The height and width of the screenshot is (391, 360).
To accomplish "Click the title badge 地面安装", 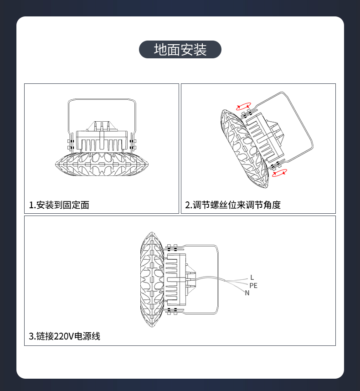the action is (180, 49).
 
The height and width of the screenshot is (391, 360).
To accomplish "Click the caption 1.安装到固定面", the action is (59, 205).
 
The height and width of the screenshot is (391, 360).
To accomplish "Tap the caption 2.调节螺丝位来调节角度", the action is (233, 205).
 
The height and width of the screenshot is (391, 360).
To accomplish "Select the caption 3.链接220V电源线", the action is (65, 336).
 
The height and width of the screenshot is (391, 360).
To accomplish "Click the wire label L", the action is (252, 277).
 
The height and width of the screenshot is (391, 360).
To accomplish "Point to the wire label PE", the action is (253, 286).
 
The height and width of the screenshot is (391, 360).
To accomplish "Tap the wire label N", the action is (247, 293).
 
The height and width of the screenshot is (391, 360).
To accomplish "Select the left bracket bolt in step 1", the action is (71, 144).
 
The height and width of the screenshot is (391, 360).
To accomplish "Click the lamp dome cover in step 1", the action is (102, 164).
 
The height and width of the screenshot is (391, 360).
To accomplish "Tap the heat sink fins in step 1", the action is (102, 145).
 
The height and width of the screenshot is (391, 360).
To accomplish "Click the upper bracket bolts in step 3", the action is (172, 247).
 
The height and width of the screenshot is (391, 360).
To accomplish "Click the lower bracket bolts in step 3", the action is (172, 312).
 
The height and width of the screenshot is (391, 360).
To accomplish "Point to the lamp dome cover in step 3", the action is (152, 279).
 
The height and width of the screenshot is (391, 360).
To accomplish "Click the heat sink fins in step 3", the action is (172, 279).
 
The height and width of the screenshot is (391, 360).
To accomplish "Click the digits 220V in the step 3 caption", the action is (64, 336).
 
